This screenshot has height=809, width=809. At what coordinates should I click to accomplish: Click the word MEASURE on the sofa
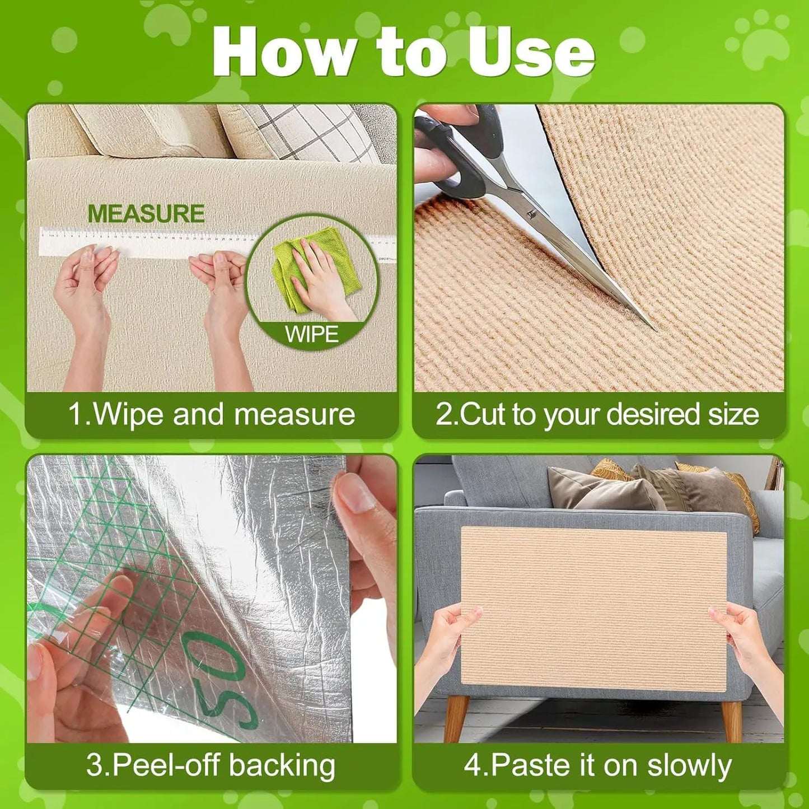(146, 214)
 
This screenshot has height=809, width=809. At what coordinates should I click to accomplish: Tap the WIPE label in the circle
(312, 334)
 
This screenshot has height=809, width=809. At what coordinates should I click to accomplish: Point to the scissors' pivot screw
(530, 213)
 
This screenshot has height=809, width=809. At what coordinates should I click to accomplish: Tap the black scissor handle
(465, 162)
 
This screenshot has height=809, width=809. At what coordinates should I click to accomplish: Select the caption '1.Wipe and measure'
(212, 415)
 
